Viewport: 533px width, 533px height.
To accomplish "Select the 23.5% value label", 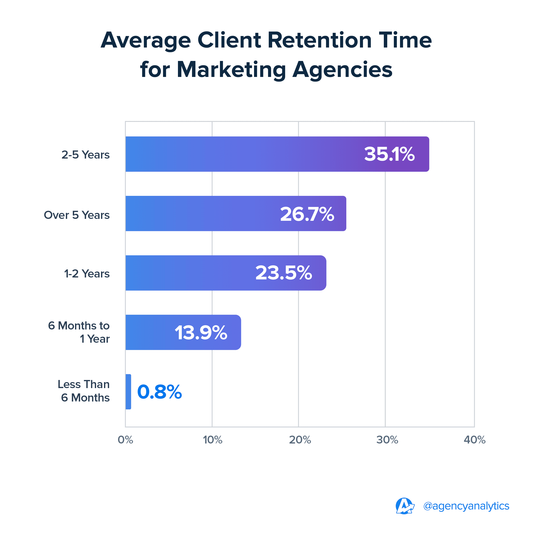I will [284, 273].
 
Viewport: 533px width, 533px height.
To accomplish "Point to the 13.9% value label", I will [201, 332].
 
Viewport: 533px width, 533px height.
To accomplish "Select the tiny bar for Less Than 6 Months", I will [128, 392].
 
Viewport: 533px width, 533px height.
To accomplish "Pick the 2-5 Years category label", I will [85, 155].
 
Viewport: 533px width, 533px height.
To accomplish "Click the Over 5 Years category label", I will [77, 215].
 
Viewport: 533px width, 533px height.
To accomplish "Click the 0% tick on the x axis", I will [126, 440].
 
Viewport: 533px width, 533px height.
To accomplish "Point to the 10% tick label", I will [212, 440].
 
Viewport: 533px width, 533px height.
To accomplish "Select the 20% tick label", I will [300, 440].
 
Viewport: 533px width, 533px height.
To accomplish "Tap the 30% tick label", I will [387, 440].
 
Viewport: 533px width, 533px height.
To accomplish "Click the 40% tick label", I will [474, 440].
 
